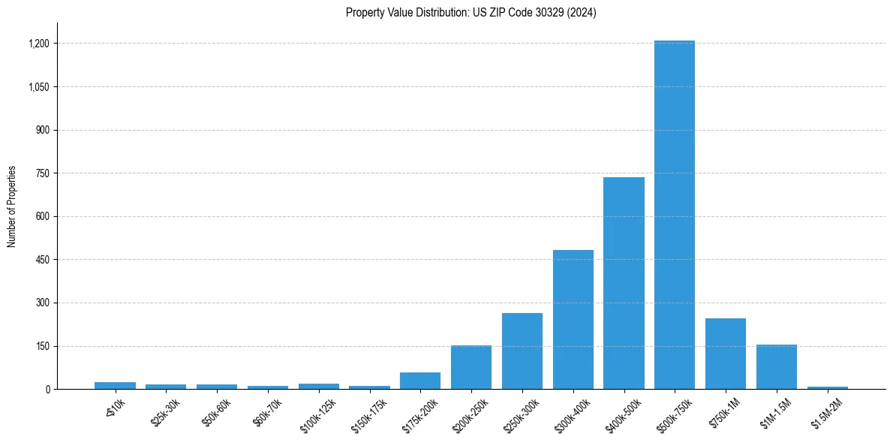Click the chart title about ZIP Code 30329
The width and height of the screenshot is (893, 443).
click(x=471, y=12)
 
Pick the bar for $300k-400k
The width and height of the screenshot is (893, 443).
click(x=573, y=319)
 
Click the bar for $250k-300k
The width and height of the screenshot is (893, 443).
click(x=522, y=351)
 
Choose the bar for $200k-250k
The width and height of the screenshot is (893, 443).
click(x=471, y=367)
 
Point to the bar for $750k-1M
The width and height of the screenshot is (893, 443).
click(x=725, y=354)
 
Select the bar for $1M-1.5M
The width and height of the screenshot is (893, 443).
click(x=776, y=366)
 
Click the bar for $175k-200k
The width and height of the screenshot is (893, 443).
click(x=420, y=381)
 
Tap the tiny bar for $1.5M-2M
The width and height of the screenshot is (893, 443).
click(x=827, y=387)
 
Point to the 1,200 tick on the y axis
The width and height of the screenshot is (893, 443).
click(x=38, y=44)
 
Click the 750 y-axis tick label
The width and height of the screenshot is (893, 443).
click(x=42, y=173)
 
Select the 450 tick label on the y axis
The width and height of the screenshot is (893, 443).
click(x=42, y=260)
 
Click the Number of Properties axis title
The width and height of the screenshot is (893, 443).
click(x=12, y=206)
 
